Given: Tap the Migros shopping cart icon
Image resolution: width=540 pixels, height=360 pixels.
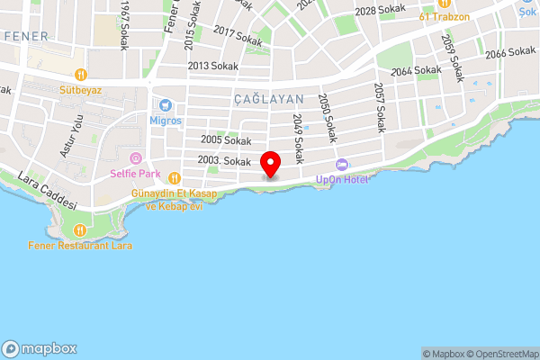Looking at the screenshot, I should coord(166,104).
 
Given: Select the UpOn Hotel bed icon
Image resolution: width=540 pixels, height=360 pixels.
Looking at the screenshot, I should coord(341,165).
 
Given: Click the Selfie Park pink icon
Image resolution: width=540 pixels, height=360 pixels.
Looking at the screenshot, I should coord(136,158).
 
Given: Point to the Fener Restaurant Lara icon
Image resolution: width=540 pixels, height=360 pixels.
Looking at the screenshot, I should coord(80,230).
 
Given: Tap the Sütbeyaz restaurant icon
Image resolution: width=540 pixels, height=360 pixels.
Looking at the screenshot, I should coord(80,76).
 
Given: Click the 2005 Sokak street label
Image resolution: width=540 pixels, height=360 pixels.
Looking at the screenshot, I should coord(226,140).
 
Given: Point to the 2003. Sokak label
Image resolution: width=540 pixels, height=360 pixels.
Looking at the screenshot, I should coord(223,161).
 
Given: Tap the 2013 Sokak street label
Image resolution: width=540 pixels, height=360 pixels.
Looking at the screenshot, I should coord(211,66).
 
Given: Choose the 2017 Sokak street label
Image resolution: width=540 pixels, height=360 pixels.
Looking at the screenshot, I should coord(238,36).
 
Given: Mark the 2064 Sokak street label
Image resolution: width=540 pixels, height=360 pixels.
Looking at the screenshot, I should coord(417,70).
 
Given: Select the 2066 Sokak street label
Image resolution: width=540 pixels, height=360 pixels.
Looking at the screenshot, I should coord(509,54).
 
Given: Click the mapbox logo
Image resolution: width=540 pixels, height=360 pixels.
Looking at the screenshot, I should coord(40,349).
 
